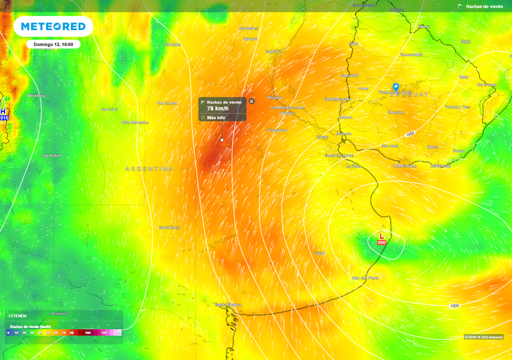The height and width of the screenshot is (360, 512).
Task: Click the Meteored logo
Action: click(x=53, y=26)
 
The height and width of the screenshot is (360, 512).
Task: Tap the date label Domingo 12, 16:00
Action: click(x=53, y=44)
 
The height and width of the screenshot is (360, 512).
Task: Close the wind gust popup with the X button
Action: click(x=251, y=101)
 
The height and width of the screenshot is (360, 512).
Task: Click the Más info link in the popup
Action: click(x=216, y=117)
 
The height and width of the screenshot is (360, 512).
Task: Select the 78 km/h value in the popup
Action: click(x=217, y=108)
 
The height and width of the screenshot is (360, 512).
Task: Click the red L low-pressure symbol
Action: click(x=381, y=236)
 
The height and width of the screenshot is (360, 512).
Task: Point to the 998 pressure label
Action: click(x=381, y=242)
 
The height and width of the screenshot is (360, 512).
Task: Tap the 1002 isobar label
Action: click(x=410, y=134)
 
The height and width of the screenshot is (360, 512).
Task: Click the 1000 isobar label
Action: click(x=454, y=305)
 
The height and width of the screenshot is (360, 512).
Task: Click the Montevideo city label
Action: click(x=404, y=165)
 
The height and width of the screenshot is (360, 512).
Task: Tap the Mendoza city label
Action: click(x=36, y=95)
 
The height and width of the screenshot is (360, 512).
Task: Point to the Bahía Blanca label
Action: click(x=228, y=304)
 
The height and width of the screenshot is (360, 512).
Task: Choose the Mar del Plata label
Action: click(x=365, y=277)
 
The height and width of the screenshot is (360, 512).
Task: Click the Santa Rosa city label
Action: click(x=169, y=227)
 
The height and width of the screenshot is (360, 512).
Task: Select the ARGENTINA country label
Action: click(x=149, y=169)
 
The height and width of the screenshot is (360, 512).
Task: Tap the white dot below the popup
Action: click(x=222, y=140)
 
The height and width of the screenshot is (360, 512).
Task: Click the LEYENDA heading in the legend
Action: click(x=17, y=316)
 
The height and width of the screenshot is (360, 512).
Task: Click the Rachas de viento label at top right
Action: click(x=484, y=6)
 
